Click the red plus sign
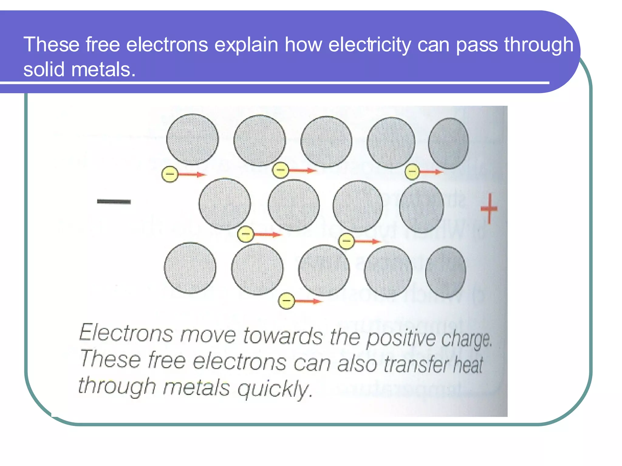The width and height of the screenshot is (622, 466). tap(489, 209)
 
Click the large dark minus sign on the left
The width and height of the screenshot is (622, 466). tap(114, 202)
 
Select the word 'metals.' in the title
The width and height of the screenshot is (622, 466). tap(103, 69)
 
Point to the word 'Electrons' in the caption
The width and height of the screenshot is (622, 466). tap(126, 333)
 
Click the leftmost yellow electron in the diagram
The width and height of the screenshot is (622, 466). tap(170, 174)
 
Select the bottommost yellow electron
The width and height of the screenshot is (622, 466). tap(286, 301)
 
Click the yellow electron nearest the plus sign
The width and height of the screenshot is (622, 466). tap(412, 172)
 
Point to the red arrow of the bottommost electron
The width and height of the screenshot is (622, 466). tap(308, 301)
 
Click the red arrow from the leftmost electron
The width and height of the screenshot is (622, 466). tap(191, 174)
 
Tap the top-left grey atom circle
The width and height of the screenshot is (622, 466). tap(192, 139)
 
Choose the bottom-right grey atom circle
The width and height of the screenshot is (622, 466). tap(446, 272)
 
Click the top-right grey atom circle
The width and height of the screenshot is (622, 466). tap(448, 143)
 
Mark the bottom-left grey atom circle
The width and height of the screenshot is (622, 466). tap(190, 268)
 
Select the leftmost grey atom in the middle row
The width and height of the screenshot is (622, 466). tap(225, 204)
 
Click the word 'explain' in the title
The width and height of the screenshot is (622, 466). tap(246, 45)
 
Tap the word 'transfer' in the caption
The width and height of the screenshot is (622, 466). tap(416, 364)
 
